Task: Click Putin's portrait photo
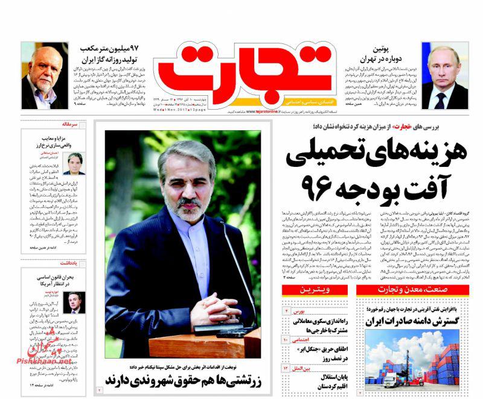[x=444, y=75]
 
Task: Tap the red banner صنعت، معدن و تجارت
[x=411, y=292]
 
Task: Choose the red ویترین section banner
[x=313, y=292]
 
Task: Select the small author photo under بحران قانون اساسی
[x=74, y=303]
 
